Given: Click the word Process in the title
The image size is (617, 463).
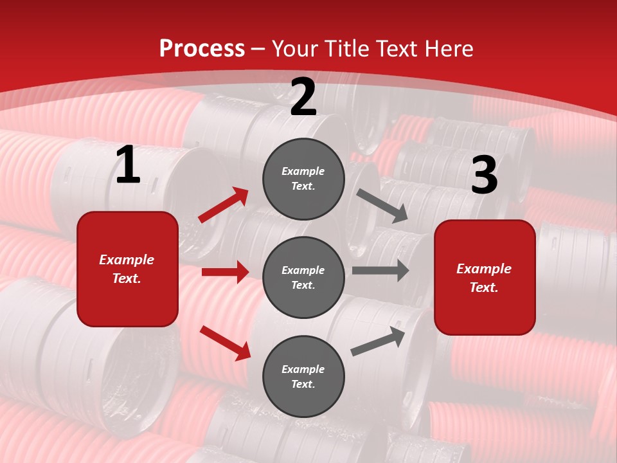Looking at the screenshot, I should tap(202, 48).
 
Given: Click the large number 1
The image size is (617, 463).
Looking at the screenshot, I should tap(128, 165).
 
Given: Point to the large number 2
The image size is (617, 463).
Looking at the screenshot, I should tap(303, 97).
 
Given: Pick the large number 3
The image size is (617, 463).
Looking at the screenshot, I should tap(484, 175).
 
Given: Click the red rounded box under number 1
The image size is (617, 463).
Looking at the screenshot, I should tap(127, 269).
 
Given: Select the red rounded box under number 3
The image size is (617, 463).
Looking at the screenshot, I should tap(485, 278).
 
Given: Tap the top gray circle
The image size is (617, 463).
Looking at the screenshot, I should tap(303, 179).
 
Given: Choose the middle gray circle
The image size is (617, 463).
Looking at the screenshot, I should tap(303, 277).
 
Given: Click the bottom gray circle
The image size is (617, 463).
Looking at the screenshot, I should tap(303, 376).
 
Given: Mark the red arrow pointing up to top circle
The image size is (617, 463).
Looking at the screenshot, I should tap(224, 205).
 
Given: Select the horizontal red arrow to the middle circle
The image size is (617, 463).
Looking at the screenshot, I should tap(225, 272).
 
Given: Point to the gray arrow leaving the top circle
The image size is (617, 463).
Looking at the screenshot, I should tap(382, 206).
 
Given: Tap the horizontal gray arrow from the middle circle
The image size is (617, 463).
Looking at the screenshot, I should tap(380, 271).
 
